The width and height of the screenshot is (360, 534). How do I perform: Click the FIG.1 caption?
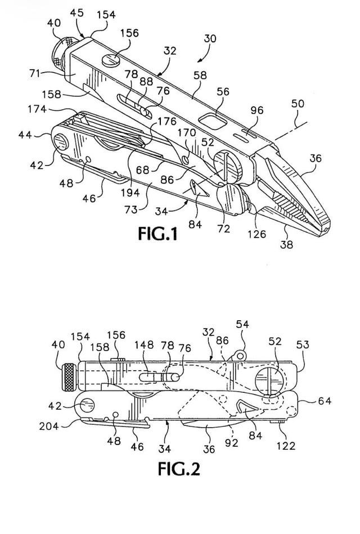point(157,234)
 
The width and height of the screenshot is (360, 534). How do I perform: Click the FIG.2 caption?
point(179,469)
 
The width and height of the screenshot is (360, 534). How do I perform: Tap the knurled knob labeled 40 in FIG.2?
point(69,377)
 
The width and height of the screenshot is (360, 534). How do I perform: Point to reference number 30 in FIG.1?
point(210,38)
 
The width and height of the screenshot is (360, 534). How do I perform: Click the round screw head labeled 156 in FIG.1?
point(110,61)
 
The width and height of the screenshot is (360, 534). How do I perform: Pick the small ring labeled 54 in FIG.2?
point(240,355)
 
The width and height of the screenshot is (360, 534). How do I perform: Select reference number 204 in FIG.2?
point(49,426)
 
